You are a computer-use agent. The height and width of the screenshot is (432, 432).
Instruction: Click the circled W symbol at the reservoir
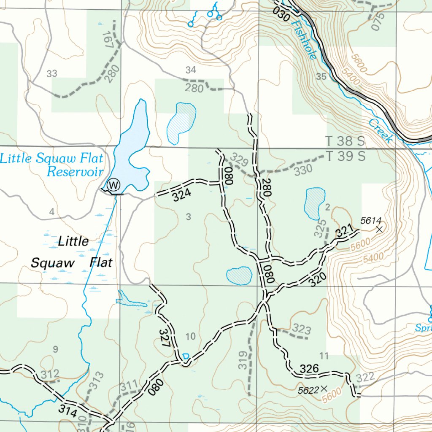(113, 184)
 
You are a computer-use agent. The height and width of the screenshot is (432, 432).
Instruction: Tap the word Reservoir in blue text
(75, 172)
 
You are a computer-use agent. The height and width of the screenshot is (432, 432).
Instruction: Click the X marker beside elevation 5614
(379, 229)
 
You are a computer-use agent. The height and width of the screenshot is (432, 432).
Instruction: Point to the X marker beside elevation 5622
(324, 388)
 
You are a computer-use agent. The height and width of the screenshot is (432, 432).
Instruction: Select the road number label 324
(182, 194)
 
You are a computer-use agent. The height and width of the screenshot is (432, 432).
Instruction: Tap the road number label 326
(309, 369)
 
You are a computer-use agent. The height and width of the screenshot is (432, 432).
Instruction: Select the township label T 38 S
(345, 141)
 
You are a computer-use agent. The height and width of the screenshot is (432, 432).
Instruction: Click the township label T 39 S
(345, 157)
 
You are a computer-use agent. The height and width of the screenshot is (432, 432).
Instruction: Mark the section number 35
(321, 76)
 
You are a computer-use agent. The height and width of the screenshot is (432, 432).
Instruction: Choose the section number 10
(190, 336)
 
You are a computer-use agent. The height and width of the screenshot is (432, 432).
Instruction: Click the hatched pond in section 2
(315, 203)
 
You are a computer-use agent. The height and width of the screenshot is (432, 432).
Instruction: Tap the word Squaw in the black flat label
(53, 263)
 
